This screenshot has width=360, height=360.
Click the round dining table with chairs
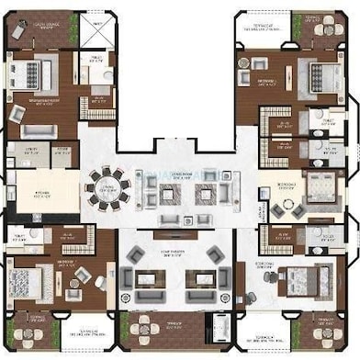click(x=109, y=190)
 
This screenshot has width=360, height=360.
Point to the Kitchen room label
click(x=41, y=193)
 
